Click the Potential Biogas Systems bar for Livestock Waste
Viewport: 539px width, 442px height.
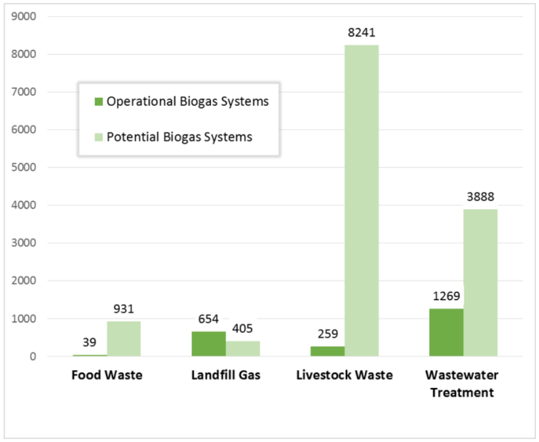361,200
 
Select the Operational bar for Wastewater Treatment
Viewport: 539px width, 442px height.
446,332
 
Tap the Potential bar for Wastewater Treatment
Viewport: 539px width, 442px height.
480,283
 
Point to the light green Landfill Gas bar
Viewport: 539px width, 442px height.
242,349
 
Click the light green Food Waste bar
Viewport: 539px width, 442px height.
124,338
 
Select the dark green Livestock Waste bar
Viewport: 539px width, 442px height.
327,351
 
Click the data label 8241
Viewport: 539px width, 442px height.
361,33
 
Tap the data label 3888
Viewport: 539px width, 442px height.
480,197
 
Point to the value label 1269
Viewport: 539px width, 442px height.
446,296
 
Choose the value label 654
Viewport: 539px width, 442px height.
209,319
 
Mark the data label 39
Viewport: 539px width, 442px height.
90,342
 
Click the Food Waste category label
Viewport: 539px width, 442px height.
106,375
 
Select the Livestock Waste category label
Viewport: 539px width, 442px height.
344,375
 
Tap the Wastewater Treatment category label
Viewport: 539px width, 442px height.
463,384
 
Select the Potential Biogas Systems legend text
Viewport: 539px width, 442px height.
179,136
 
